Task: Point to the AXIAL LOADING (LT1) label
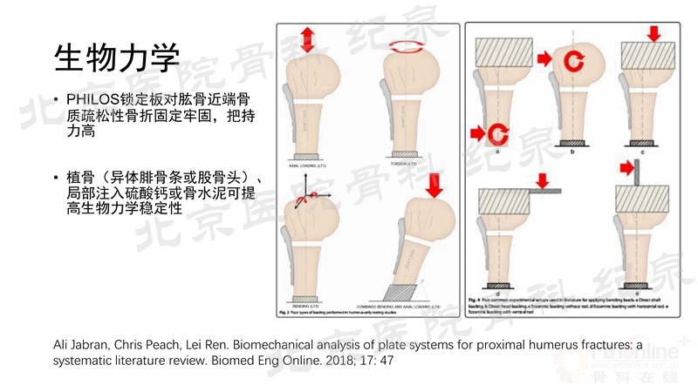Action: [x=307, y=163]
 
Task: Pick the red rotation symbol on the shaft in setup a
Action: [x=496, y=132]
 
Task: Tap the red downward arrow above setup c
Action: [x=654, y=34]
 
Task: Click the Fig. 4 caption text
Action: [x=576, y=304]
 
